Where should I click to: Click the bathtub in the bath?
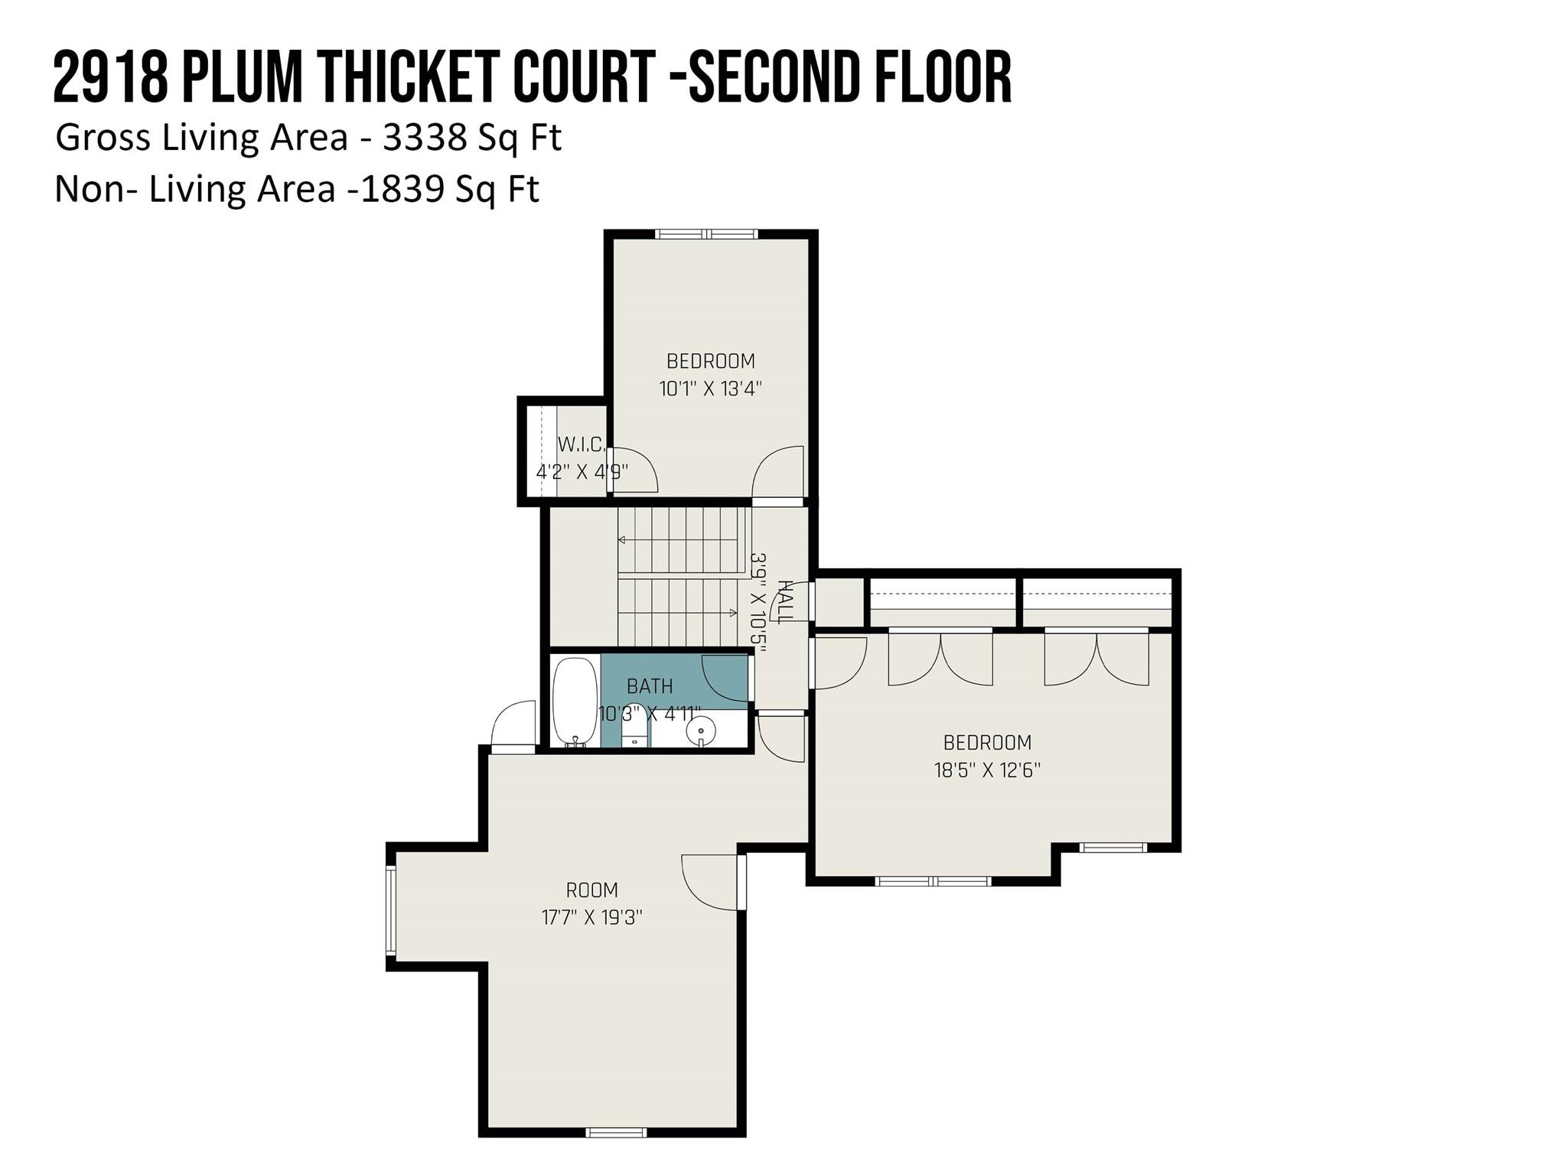pos(574,701)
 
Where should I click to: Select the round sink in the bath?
pos(700,731)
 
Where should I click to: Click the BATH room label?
pos(650,686)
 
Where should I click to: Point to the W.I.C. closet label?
pos(582,444)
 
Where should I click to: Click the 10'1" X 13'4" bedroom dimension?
pos(711,389)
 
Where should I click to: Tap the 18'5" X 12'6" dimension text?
pos(987,770)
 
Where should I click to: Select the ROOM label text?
pos(591,890)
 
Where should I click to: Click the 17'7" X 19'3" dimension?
pos(591,917)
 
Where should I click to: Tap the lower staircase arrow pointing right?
pos(678,613)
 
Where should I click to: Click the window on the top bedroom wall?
pos(706,234)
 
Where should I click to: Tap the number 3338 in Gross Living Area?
pos(425,138)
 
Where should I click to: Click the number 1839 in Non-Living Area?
pos(402,189)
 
